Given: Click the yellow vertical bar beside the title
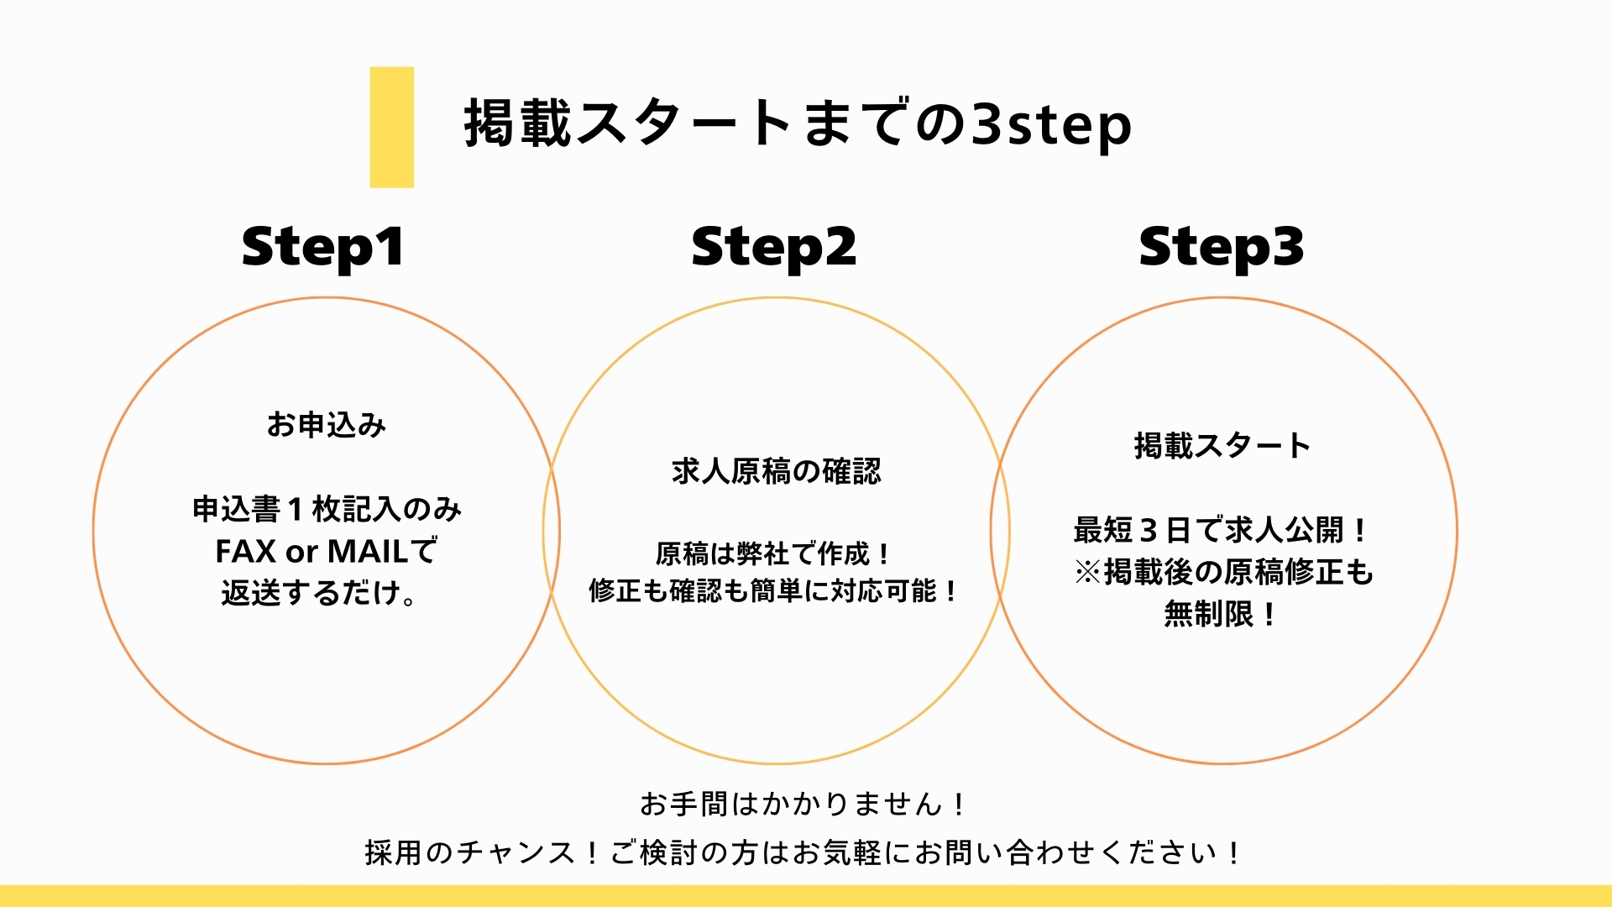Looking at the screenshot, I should (391, 127).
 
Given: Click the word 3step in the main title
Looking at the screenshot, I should (1051, 124).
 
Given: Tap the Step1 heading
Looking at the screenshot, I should (323, 247).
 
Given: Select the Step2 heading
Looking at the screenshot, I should (773, 247).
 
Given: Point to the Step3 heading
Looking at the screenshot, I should (1222, 247).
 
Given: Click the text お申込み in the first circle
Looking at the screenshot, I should (327, 425).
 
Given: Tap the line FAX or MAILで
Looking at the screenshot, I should (327, 552).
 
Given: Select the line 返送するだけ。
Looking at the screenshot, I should (319, 594).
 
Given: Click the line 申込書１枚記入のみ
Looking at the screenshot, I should (327, 509).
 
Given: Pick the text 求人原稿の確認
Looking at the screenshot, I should (777, 471).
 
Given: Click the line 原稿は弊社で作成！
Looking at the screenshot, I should (773, 554).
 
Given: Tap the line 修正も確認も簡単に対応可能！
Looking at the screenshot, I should (773, 591).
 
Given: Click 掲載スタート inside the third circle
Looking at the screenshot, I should (1222, 445).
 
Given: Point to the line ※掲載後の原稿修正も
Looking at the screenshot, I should (1223, 572).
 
